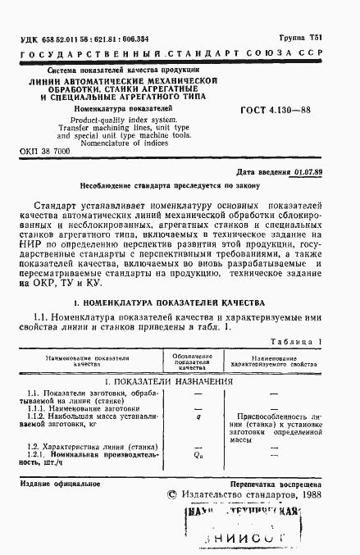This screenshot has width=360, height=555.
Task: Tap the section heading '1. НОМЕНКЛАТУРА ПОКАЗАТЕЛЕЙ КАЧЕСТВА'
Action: click(180, 304)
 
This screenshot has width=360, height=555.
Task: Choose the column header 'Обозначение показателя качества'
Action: click(197, 362)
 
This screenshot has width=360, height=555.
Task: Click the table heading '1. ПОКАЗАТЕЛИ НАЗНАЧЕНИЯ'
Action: click(180, 382)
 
